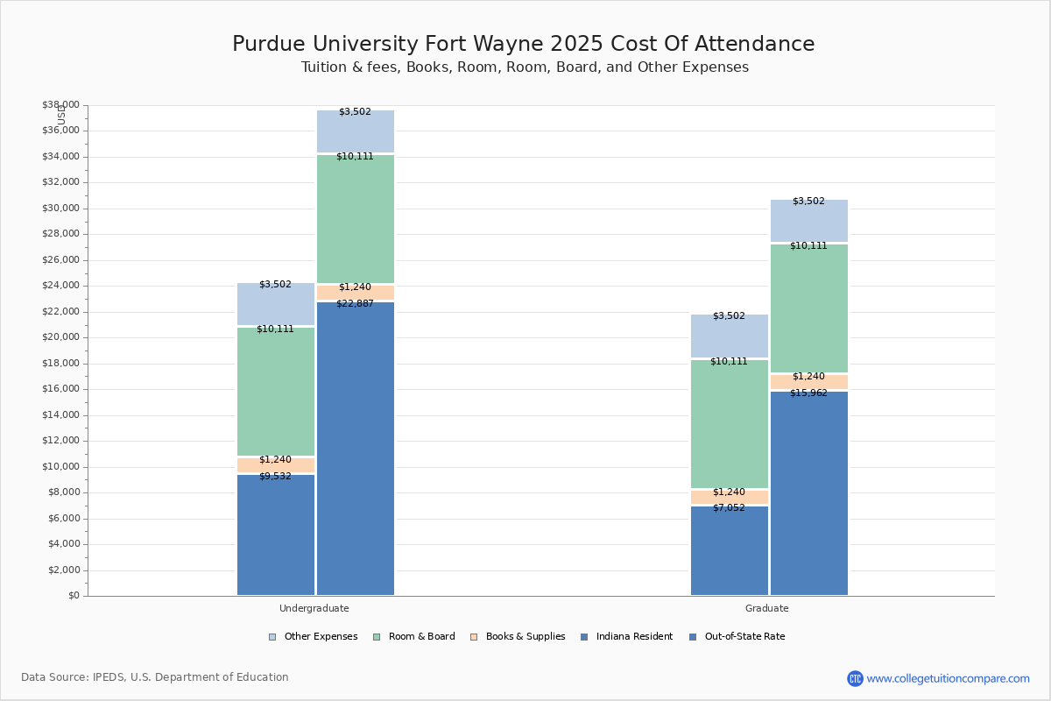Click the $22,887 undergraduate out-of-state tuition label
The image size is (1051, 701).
pyautogui.click(x=355, y=303)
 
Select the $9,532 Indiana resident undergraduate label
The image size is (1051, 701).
pyautogui.click(x=275, y=476)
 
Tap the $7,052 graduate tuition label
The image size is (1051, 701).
pyautogui.click(x=729, y=507)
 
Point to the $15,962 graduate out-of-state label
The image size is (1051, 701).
pyautogui.click(x=808, y=393)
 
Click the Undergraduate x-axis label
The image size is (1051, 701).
pyautogui.click(x=314, y=608)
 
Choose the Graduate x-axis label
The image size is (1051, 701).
pyautogui.click(x=766, y=608)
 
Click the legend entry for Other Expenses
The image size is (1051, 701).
pyautogui.click(x=320, y=637)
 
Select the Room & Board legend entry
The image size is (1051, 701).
pyautogui.click(x=421, y=637)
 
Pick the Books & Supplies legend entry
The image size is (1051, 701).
pyautogui.click(x=525, y=637)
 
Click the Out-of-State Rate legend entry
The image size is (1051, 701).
pyautogui.click(x=744, y=637)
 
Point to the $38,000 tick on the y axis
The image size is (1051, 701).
pyautogui.click(x=60, y=105)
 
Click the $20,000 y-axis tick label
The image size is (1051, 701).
pyautogui.click(x=60, y=337)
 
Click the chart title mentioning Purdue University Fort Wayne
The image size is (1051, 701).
pyautogui.click(x=523, y=44)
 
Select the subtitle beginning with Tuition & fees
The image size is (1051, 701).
pyautogui.click(x=525, y=67)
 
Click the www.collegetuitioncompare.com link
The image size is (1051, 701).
pyautogui.click(x=948, y=678)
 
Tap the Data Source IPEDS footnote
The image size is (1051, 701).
pyautogui.click(x=155, y=677)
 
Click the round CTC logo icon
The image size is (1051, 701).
pyautogui.click(x=855, y=678)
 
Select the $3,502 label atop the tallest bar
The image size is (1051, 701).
pyautogui.click(x=355, y=111)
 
